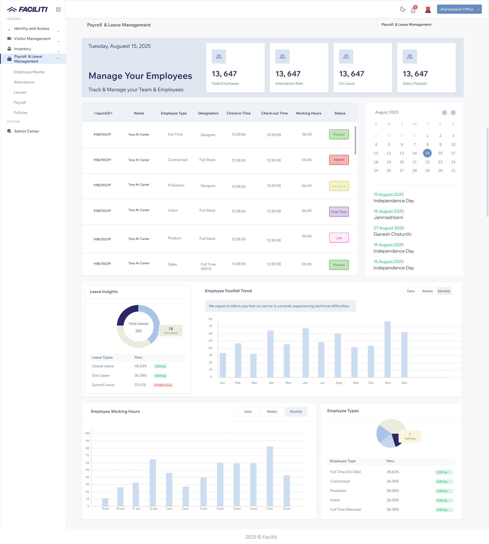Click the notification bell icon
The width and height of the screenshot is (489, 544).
click(413, 10)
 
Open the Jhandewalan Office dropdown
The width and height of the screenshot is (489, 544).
click(459, 9)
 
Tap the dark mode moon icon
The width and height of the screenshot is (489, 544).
click(402, 9)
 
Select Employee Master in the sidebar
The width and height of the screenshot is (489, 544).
click(29, 72)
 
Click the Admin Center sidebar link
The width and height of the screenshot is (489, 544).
click(26, 131)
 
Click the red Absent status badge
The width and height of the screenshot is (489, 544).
click(339, 160)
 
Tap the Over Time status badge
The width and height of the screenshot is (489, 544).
click(339, 212)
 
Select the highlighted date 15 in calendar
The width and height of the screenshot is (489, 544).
click(427, 153)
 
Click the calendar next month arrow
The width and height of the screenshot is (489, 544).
click(453, 113)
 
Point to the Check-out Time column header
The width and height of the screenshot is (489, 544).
click(274, 113)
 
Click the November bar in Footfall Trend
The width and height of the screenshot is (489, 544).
click(387, 349)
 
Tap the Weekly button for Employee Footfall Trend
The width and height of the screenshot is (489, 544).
click(427, 291)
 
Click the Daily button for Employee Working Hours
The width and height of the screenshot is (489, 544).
click(248, 411)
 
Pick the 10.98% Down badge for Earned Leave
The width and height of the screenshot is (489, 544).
click(163, 385)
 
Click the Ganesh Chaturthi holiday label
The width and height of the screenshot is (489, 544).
click(392, 234)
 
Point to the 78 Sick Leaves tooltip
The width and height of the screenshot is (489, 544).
click(171, 330)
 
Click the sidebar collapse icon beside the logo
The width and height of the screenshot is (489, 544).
click(58, 10)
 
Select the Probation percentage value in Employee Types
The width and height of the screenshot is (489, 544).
click(392, 491)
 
